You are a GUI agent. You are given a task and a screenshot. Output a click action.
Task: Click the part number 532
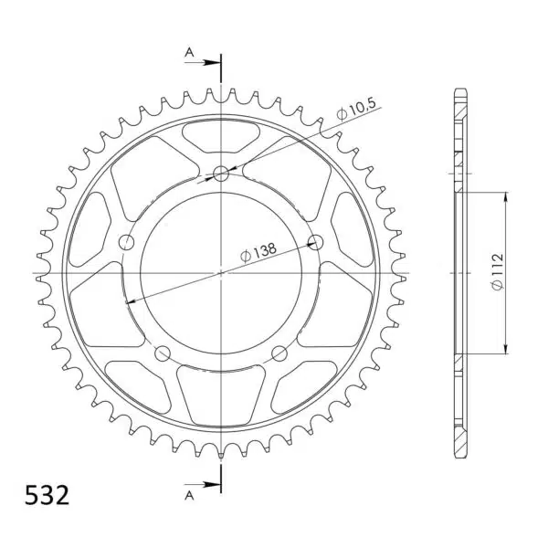[x=47, y=495]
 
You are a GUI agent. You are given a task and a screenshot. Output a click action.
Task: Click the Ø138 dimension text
[x=258, y=252]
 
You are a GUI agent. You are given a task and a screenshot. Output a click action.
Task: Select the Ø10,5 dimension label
[x=356, y=109]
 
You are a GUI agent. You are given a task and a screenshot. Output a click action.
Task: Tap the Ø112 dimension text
[x=497, y=271]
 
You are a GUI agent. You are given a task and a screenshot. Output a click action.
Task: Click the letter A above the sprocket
[x=189, y=52]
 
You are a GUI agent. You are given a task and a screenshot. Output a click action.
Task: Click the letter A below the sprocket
[x=189, y=495]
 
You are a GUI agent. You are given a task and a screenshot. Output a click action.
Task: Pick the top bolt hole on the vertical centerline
[x=221, y=174]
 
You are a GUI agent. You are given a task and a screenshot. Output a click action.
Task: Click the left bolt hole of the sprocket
[x=127, y=242]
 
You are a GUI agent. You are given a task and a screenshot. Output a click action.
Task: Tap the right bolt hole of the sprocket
[x=316, y=242]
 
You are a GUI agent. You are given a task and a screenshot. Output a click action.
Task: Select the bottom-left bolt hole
[x=163, y=353]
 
